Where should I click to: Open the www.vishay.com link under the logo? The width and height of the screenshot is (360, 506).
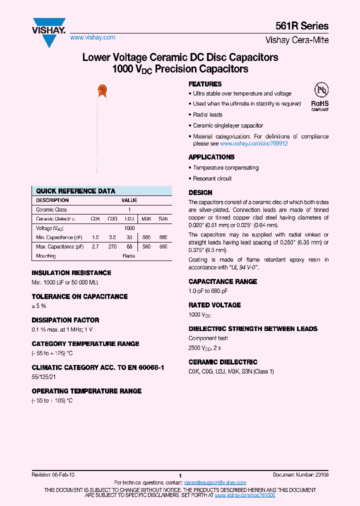point(92,37)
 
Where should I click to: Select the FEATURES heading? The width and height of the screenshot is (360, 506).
point(205,84)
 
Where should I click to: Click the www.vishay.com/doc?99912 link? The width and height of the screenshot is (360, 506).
point(254,143)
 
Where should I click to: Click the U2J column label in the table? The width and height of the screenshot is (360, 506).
point(129,219)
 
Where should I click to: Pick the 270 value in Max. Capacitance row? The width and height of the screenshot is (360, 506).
point(112,246)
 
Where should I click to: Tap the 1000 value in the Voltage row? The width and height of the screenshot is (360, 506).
point(129,228)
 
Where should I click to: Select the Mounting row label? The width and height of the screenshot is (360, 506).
point(46,255)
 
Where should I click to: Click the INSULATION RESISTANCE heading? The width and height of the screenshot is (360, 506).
point(71,273)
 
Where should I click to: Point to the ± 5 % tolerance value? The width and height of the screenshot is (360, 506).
point(39,306)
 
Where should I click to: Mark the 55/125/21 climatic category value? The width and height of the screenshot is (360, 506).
point(44,377)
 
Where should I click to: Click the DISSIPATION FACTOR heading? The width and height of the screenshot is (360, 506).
point(65,320)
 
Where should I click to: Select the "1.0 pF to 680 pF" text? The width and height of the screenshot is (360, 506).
point(208,291)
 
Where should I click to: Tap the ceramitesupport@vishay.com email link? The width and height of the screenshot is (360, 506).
point(215,482)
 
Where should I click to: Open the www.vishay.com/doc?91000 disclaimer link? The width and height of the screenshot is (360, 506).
point(245,494)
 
